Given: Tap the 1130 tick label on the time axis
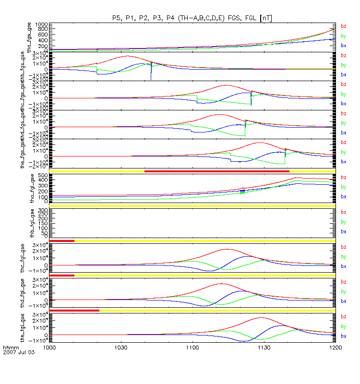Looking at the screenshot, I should [264, 347].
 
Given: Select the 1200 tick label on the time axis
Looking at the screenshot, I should [335, 347].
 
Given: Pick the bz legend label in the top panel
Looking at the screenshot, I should [343, 27].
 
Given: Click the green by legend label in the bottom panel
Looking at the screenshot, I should [343, 326].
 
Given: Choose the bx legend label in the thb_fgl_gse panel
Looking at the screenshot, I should [343, 231].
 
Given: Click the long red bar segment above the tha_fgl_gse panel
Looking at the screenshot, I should [216, 171].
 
